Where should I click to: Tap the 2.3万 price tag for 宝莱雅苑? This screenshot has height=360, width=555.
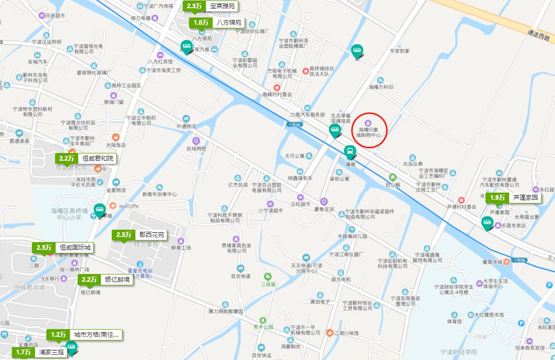211,6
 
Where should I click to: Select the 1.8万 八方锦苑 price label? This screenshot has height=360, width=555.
216,23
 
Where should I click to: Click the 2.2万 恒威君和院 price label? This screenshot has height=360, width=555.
86,159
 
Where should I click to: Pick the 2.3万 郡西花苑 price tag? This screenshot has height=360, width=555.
140,235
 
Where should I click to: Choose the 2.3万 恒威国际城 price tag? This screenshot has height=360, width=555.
64,248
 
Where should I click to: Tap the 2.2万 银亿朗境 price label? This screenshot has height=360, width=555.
105,280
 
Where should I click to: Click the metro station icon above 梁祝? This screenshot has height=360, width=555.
350,152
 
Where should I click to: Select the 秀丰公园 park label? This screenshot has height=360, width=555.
264,327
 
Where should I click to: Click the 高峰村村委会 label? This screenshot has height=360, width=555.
277,94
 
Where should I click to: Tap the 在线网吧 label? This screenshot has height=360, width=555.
196,148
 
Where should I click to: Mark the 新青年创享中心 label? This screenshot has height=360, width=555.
159,195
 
